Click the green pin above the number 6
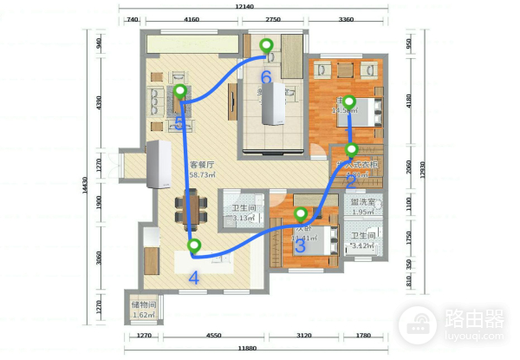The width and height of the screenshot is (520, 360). click(x=267, y=45)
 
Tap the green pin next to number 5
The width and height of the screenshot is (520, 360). click(x=179, y=90)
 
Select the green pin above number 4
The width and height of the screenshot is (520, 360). click(x=194, y=246)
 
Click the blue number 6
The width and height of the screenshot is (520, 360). click(x=266, y=77)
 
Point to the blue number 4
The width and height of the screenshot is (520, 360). click(x=193, y=278)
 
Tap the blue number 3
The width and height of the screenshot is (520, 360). click(x=301, y=245)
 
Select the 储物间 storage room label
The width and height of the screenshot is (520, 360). click(x=144, y=305)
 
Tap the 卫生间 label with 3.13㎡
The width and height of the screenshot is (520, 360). click(x=244, y=208)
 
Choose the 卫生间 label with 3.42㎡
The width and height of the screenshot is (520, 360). click(x=363, y=236)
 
